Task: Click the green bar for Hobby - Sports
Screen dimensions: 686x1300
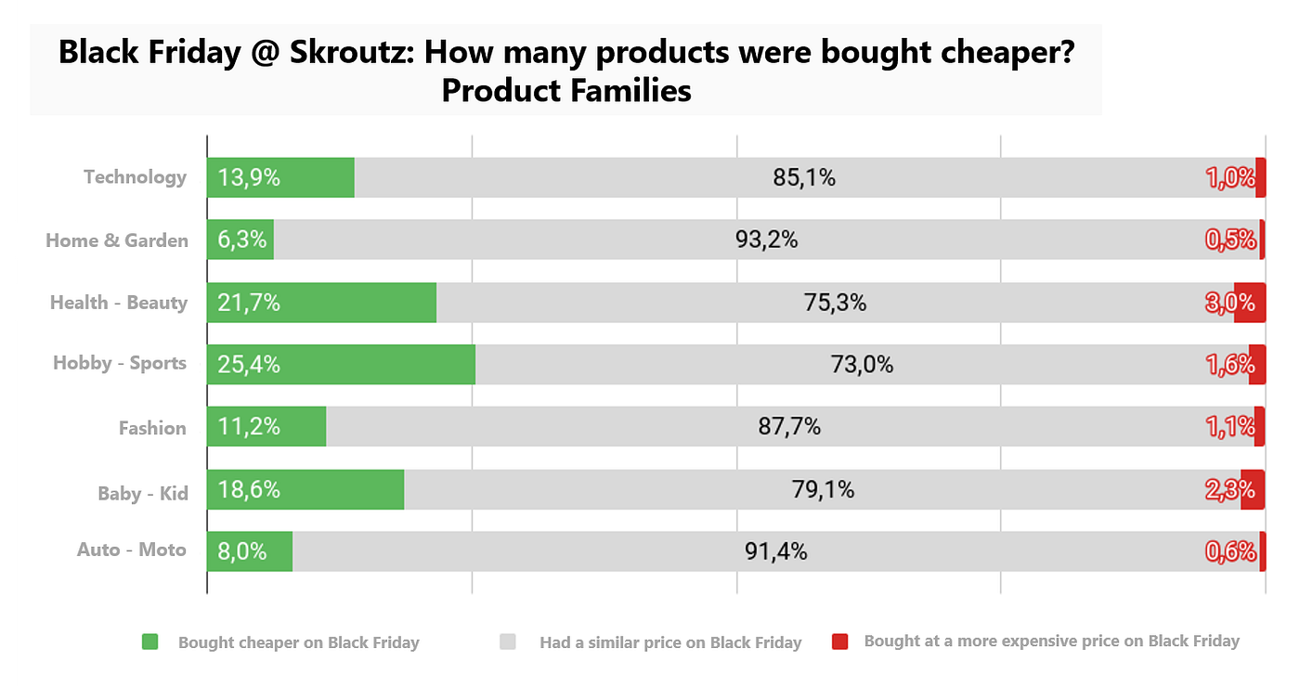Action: tap(371, 365)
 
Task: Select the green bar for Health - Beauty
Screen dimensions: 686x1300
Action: tap(353, 303)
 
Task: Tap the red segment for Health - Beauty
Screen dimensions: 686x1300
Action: tap(1250, 303)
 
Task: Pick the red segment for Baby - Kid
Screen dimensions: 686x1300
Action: tap(1254, 489)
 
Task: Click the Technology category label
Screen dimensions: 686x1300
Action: tap(135, 177)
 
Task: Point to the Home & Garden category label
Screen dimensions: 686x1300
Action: tap(117, 240)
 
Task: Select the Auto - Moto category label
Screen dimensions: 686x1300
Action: tap(132, 550)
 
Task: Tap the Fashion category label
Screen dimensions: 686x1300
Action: tap(152, 428)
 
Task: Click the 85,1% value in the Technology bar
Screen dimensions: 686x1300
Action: tap(804, 177)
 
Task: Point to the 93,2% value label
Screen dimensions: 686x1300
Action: tap(766, 240)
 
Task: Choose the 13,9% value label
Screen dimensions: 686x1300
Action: tap(248, 177)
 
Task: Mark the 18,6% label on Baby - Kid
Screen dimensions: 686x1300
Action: tap(248, 489)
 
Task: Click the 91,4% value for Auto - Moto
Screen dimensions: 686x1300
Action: tap(775, 551)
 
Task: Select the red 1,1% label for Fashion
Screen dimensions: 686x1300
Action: tap(1229, 427)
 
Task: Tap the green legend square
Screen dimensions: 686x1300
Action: tap(150, 641)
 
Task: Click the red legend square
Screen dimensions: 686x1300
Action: tap(840, 641)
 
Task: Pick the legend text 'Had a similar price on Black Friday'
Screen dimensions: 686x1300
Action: tap(669, 642)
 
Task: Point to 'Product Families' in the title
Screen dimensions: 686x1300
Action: tap(565, 91)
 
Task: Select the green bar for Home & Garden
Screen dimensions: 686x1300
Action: tap(240, 240)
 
